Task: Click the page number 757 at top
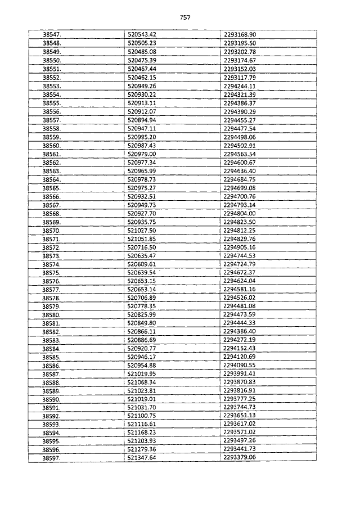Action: pos(186,17)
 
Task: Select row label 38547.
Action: pos(52,35)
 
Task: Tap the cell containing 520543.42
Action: pos(142,35)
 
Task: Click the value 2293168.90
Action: pos(240,35)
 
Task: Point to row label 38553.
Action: pos(52,86)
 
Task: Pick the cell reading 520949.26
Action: pos(142,86)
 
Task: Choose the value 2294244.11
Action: pos(240,86)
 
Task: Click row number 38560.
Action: pos(52,146)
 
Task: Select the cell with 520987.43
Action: pos(142,146)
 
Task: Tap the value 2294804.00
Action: pos(240,214)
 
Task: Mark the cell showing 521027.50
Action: pos(142,231)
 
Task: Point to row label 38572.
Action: pos(52,247)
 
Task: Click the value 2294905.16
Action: pos(240,247)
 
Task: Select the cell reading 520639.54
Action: pos(142,273)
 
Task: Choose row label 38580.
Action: pos(52,316)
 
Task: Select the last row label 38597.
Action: pos(52,459)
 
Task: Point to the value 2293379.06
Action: pos(240,459)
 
